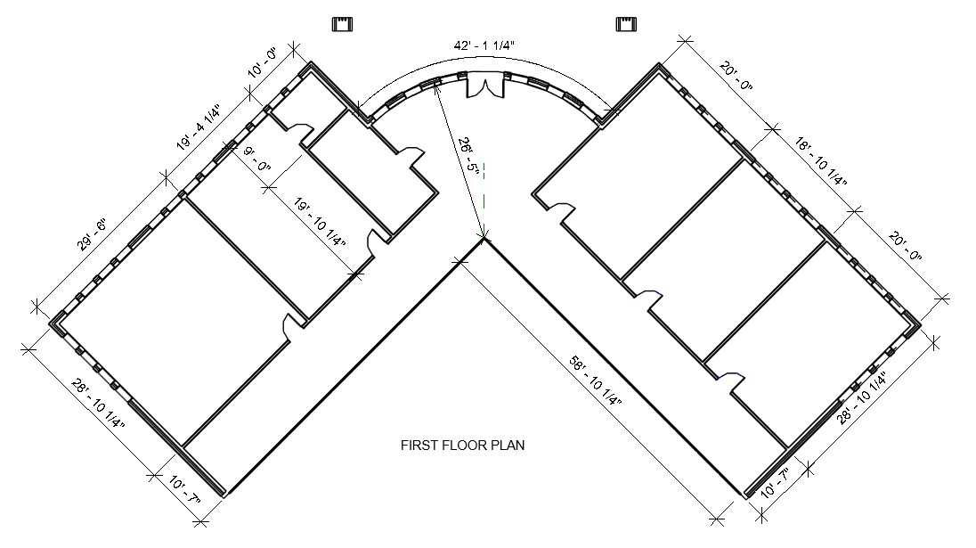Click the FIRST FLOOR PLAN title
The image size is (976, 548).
tap(462, 446)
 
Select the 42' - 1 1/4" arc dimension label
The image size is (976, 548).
tap(484, 45)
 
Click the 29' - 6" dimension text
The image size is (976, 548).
tap(93, 234)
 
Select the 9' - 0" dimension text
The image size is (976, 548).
tap(257, 159)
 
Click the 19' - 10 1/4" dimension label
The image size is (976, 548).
tap(321, 222)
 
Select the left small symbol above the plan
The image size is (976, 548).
tap(343, 24)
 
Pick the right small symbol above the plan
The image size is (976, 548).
tap(627, 24)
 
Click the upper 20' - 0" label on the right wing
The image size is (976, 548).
tap(736, 77)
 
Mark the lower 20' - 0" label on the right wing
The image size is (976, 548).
tap(905, 247)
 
